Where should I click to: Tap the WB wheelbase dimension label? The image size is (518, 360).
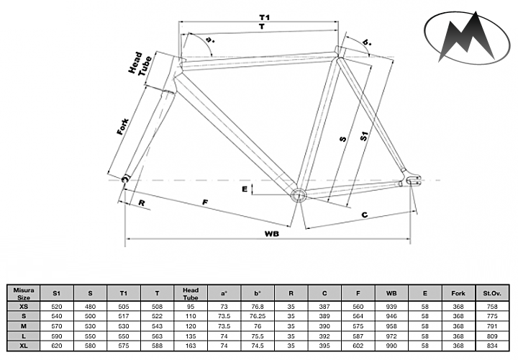coord(271,233)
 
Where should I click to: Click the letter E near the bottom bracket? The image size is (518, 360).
coord(245,189)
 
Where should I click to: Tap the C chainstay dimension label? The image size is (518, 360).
coord(365,215)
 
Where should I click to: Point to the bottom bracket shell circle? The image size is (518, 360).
coord(297,194)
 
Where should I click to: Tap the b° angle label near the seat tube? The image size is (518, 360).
coord(368,44)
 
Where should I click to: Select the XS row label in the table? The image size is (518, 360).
coord(22,305)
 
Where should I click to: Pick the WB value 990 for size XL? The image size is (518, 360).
coord(391,347)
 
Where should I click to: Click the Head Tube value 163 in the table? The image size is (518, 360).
coord(191,347)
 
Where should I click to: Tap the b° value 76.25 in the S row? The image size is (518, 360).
coord(258,315)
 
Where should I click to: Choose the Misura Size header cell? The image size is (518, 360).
coord(22,292)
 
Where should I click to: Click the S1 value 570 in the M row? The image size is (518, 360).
coord(55,326)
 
